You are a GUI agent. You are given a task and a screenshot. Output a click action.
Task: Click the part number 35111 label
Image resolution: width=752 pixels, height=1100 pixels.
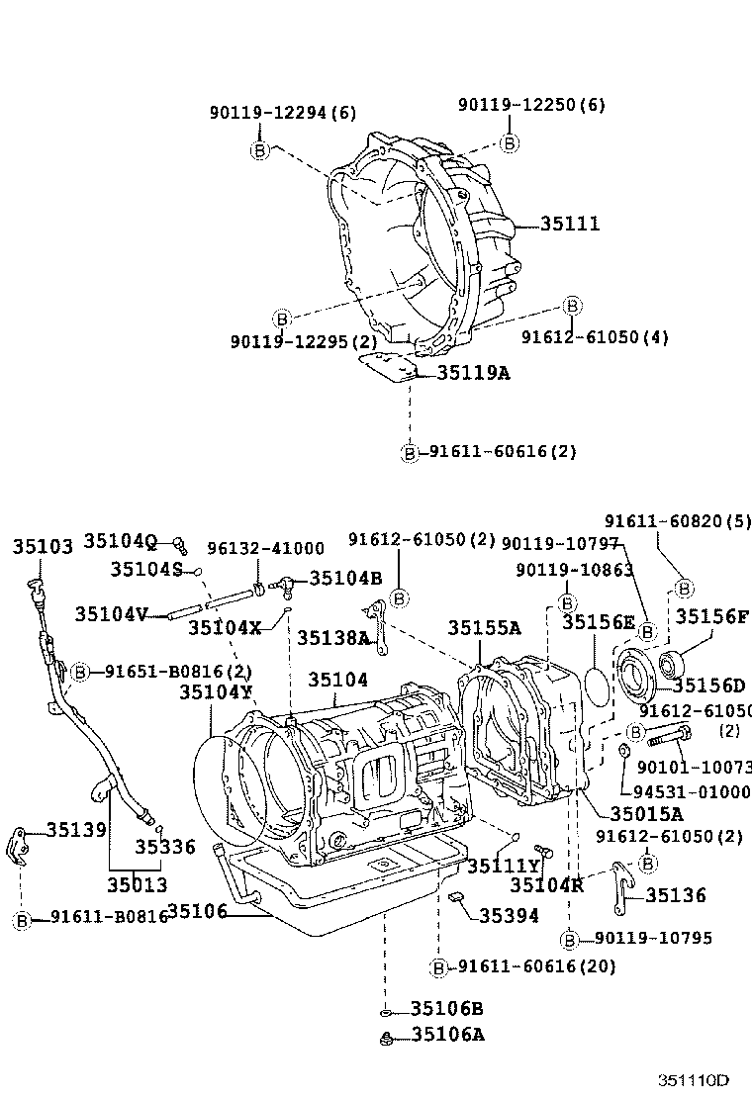click(x=570, y=225)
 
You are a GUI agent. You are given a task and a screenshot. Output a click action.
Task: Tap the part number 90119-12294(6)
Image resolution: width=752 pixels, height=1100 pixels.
click(x=282, y=113)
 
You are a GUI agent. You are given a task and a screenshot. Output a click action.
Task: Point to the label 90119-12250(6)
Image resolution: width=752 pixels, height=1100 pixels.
click(x=531, y=105)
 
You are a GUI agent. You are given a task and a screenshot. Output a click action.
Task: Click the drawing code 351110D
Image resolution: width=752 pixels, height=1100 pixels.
click(x=695, y=1080)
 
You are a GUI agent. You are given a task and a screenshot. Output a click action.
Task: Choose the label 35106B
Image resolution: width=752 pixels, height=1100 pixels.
click(x=447, y=1009)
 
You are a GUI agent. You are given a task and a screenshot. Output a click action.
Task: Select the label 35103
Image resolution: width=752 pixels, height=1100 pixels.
click(x=43, y=547)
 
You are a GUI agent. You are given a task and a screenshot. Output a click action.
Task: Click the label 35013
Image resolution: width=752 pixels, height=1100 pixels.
click(x=138, y=885)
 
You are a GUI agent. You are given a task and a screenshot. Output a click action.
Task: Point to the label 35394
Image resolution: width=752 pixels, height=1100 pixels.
click(x=509, y=916)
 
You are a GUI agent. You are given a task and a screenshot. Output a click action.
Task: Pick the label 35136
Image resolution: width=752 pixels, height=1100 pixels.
click(x=676, y=895)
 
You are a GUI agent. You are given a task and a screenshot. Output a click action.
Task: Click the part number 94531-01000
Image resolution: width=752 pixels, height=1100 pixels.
click(x=693, y=791)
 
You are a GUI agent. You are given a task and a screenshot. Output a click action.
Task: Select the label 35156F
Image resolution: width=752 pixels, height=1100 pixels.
click(x=712, y=617)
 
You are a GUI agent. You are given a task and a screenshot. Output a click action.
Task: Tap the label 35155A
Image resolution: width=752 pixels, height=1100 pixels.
click(x=484, y=627)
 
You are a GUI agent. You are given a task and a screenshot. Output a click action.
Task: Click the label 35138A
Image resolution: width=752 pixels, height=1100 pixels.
click(x=333, y=638)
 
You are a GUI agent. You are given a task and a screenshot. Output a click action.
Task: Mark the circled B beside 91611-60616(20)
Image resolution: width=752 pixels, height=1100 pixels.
click(x=438, y=966)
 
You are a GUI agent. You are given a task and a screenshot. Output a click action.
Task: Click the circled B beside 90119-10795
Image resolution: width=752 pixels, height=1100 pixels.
click(x=570, y=939)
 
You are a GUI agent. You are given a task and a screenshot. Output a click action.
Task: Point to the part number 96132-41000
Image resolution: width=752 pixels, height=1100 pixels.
click(x=265, y=549)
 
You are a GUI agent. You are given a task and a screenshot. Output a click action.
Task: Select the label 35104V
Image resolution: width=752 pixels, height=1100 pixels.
click(x=111, y=614)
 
